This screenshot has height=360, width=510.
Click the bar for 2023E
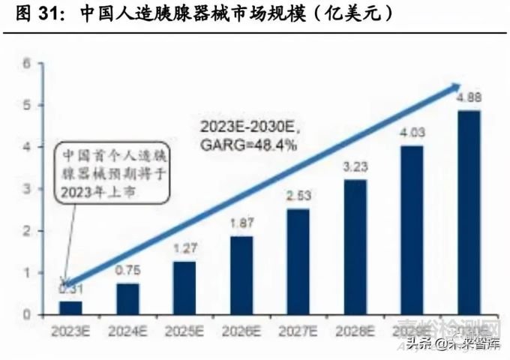pyautogui.click(x=70, y=307)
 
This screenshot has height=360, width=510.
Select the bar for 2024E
pyautogui.click(x=127, y=298)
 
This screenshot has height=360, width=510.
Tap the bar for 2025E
pyautogui.click(x=184, y=288)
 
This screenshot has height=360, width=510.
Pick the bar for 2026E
pyautogui.click(x=241, y=275)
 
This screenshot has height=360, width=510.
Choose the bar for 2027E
pyautogui.click(x=298, y=262)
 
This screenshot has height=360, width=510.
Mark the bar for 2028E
pyautogui.click(x=355, y=247)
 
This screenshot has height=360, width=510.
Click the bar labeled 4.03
pyautogui.click(x=412, y=230)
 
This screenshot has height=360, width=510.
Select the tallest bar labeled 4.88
pyautogui.click(x=469, y=212)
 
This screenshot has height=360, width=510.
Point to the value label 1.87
pyautogui.click(x=241, y=222)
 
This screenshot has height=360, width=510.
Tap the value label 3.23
pyautogui.click(x=355, y=166)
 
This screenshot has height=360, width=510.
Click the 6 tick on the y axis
pyautogui.click(x=27, y=64)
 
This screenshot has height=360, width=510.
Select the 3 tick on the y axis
pyautogui.click(x=27, y=189)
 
